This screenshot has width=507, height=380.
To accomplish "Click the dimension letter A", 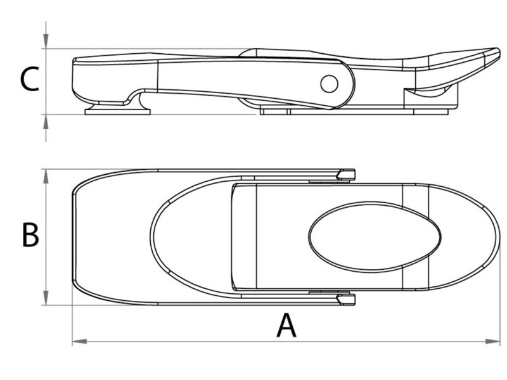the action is pyautogui.click(x=286, y=326).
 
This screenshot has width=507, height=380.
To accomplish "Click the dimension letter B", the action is pyautogui.click(x=30, y=235).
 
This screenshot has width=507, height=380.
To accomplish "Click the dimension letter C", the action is pyautogui.click(x=29, y=79).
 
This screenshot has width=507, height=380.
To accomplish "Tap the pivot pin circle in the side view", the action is pyautogui.click(x=329, y=84).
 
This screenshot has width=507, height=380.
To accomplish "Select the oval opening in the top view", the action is pyautogui.click(x=375, y=236).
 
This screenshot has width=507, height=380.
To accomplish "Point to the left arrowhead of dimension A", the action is pyautogui.click(x=80, y=341).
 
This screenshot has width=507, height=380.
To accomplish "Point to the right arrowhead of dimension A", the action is pyautogui.click(x=492, y=341).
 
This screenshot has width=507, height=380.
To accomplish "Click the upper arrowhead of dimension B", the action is pyautogui.click(x=46, y=177).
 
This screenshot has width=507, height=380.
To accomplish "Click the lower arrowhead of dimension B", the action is pyautogui.click(x=46, y=298).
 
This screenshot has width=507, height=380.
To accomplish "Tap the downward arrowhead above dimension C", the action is pyautogui.click(x=46, y=41).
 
